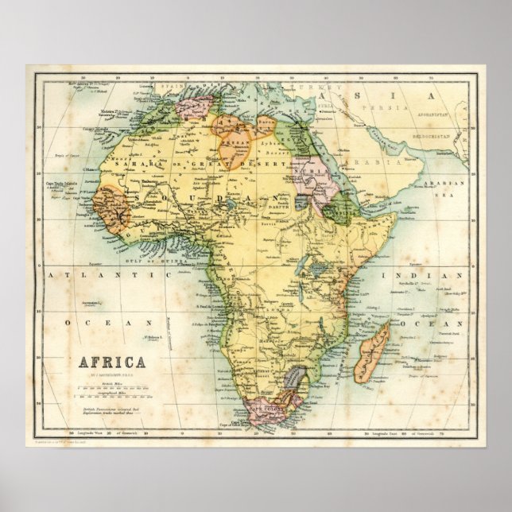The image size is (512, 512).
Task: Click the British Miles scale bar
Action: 111,390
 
